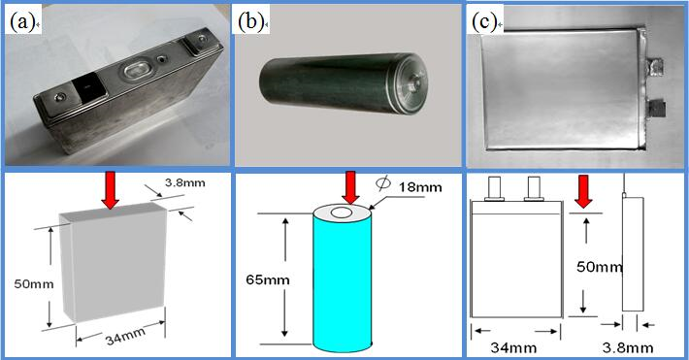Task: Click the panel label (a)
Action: [22, 22]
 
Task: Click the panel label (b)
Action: [250, 22]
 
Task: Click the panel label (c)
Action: [484, 22]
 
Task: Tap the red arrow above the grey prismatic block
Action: [110, 190]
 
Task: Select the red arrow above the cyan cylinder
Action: [350, 188]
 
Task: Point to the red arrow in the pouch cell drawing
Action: [583, 191]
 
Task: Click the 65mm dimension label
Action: [268, 280]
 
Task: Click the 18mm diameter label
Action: [420, 187]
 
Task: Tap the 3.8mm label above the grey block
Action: [185, 182]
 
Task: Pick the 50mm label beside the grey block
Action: [34, 284]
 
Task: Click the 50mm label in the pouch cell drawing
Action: [600, 267]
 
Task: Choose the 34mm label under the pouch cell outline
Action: [513, 348]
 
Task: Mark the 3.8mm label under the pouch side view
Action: [628, 348]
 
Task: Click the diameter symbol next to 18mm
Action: [383, 184]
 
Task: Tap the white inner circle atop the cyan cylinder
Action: [342, 213]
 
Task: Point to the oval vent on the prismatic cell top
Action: [135, 70]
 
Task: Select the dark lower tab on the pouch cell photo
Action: [656, 108]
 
